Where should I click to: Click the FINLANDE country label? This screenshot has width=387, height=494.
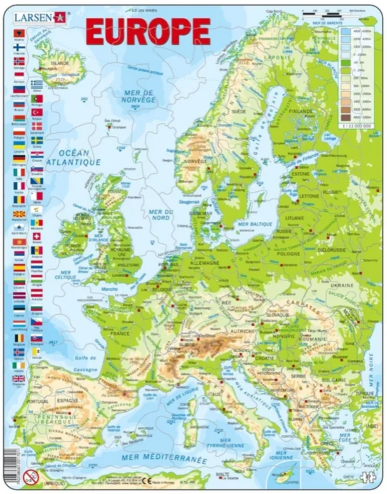click(302, 111)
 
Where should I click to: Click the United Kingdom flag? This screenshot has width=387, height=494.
click(18, 379)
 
